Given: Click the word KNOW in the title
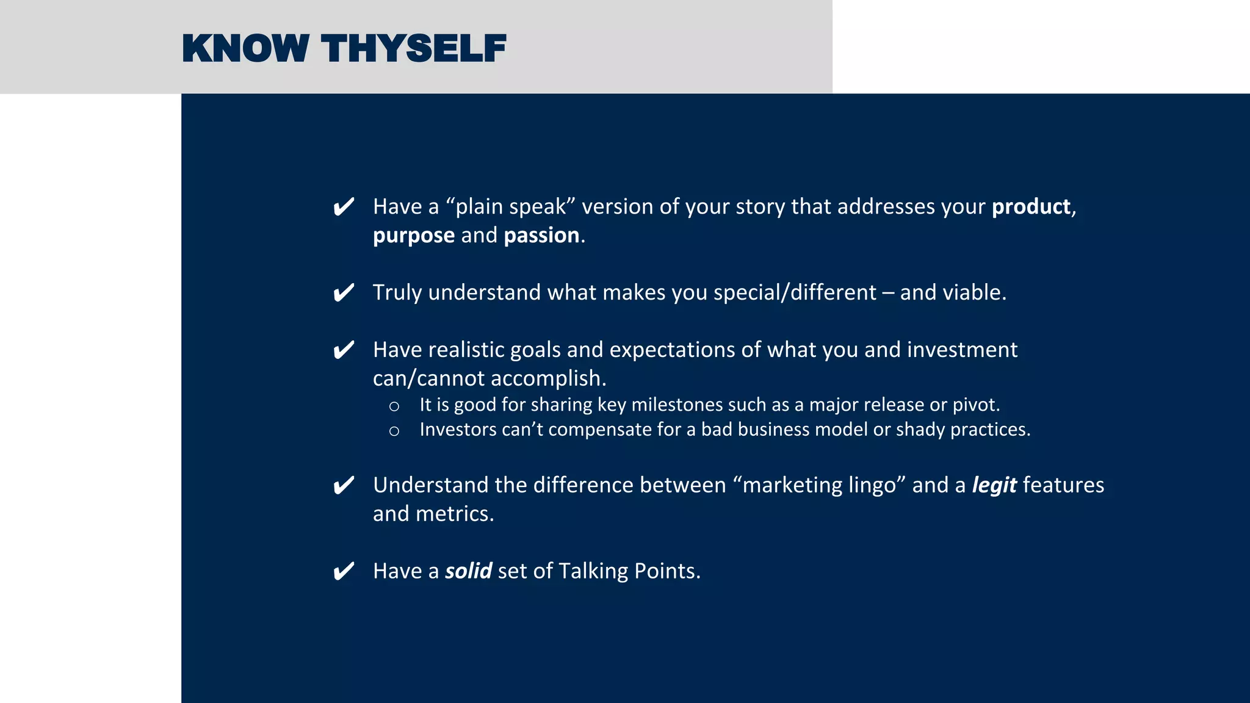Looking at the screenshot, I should (245, 49).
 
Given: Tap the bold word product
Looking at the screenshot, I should (1030, 207).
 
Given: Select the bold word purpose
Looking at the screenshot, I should (413, 236).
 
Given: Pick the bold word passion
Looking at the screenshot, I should (541, 236).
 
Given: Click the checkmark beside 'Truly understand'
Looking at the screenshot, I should (344, 293).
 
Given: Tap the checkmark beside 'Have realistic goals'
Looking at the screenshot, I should (344, 350).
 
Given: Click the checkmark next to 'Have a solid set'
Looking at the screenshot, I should (344, 572).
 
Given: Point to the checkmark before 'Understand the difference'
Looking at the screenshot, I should (344, 486).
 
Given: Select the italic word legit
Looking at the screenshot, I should (994, 485).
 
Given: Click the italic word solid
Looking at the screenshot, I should (468, 571).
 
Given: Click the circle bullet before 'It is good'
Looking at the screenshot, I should (394, 406).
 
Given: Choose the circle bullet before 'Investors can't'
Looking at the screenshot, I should (394, 431).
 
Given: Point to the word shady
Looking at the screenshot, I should (920, 430).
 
